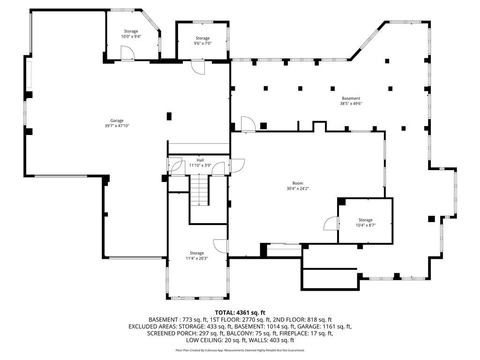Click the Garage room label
117,120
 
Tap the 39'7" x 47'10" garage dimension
117,126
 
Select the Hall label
200,160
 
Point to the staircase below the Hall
199,190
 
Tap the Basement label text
351,98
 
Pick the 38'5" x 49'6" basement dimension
351,104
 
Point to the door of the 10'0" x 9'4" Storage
127,53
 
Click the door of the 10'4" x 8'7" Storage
331,223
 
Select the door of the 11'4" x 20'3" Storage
220,246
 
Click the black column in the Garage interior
169,116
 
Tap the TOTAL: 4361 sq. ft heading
240,313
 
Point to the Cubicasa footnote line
240,350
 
